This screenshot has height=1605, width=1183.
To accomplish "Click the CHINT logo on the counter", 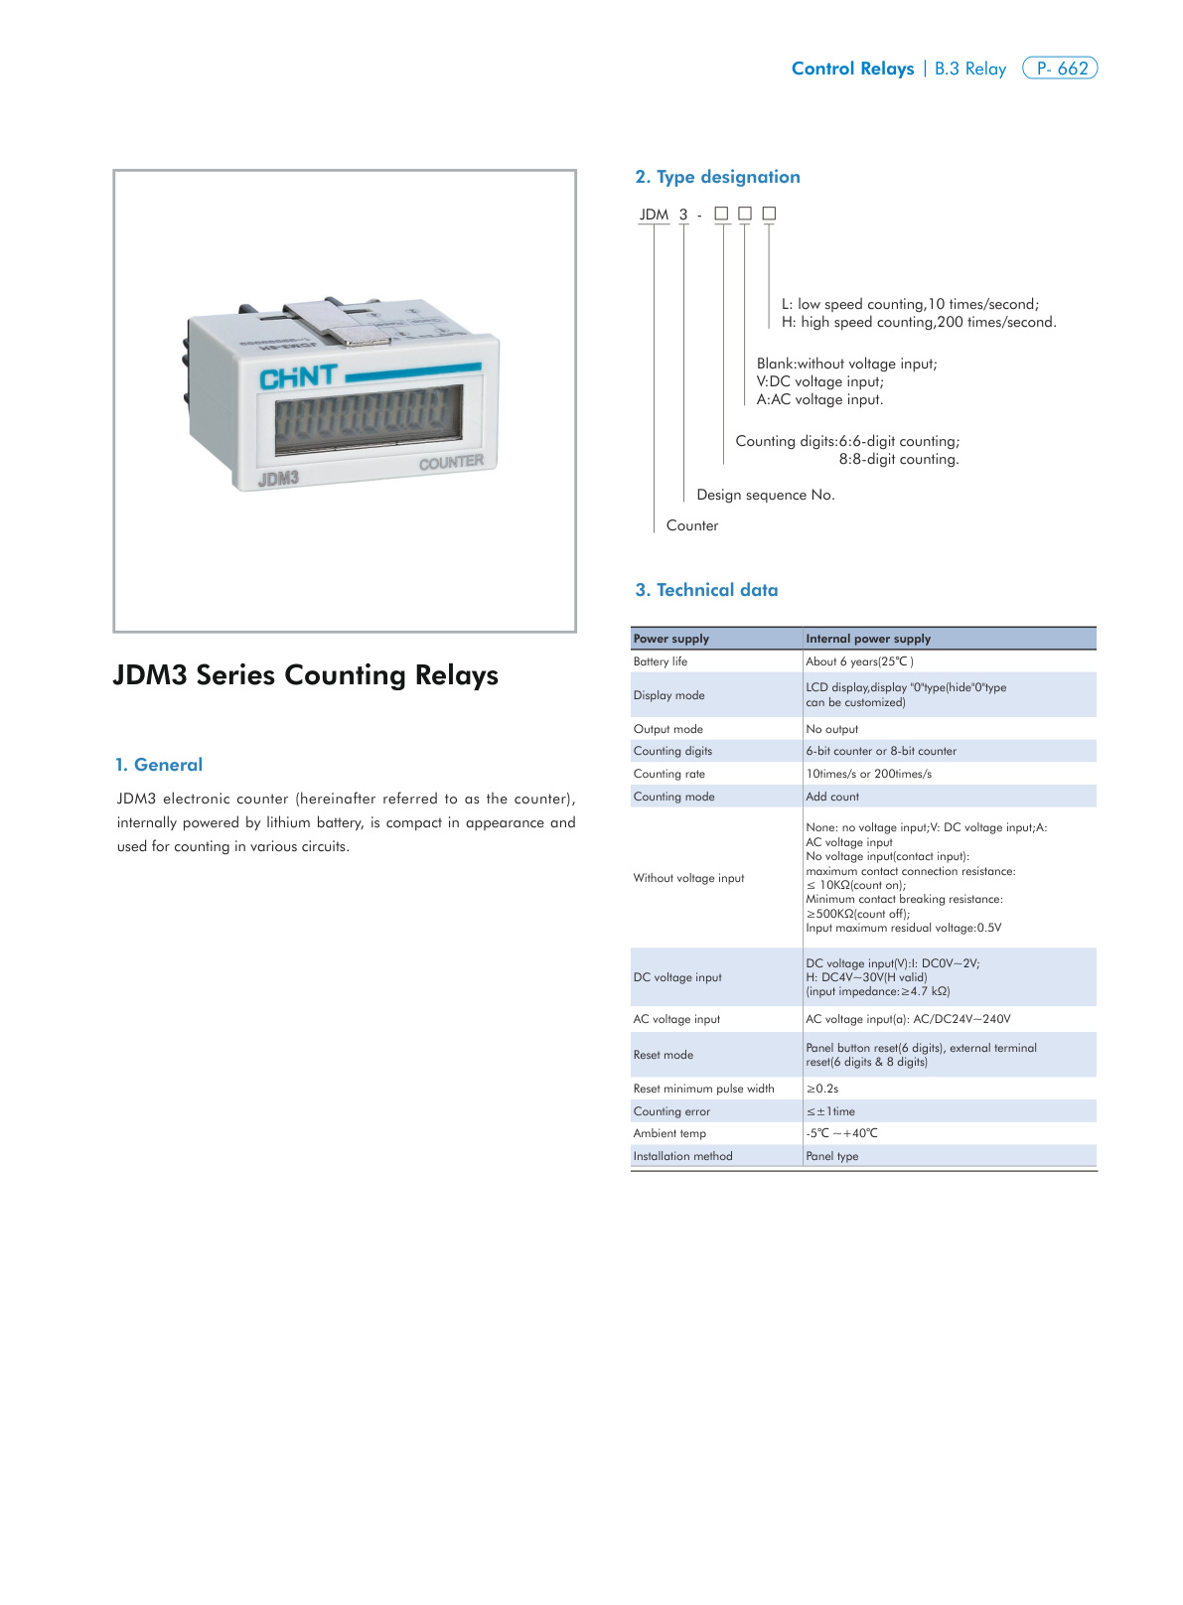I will [298, 376].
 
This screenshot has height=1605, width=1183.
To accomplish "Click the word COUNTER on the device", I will [451, 462].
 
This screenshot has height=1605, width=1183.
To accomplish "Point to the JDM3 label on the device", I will [278, 479].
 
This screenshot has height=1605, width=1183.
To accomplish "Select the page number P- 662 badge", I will [1060, 69].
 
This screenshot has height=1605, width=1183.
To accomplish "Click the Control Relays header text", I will [852, 69].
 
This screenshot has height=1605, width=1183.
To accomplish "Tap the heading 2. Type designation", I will [717, 177].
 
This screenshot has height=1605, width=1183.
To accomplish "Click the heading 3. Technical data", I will [706, 590].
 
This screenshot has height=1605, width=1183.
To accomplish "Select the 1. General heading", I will [159, 765].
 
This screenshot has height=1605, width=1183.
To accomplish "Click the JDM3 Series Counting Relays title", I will [306, 675].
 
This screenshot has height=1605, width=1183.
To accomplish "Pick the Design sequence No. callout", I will [766, 495].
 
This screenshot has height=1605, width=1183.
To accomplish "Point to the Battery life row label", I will [661, 661].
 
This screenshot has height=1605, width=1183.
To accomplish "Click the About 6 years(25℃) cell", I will [859, 661].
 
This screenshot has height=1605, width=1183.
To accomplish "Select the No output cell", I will [832, 729].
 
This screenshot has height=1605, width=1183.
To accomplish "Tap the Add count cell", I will [832, 797].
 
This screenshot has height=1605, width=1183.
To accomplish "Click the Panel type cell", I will [832, 1156].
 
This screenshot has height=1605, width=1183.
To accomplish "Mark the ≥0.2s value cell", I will [822, 1089].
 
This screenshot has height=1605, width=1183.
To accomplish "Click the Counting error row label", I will [671, 1111].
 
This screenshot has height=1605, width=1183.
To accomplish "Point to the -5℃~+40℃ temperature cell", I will [841, 1133].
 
